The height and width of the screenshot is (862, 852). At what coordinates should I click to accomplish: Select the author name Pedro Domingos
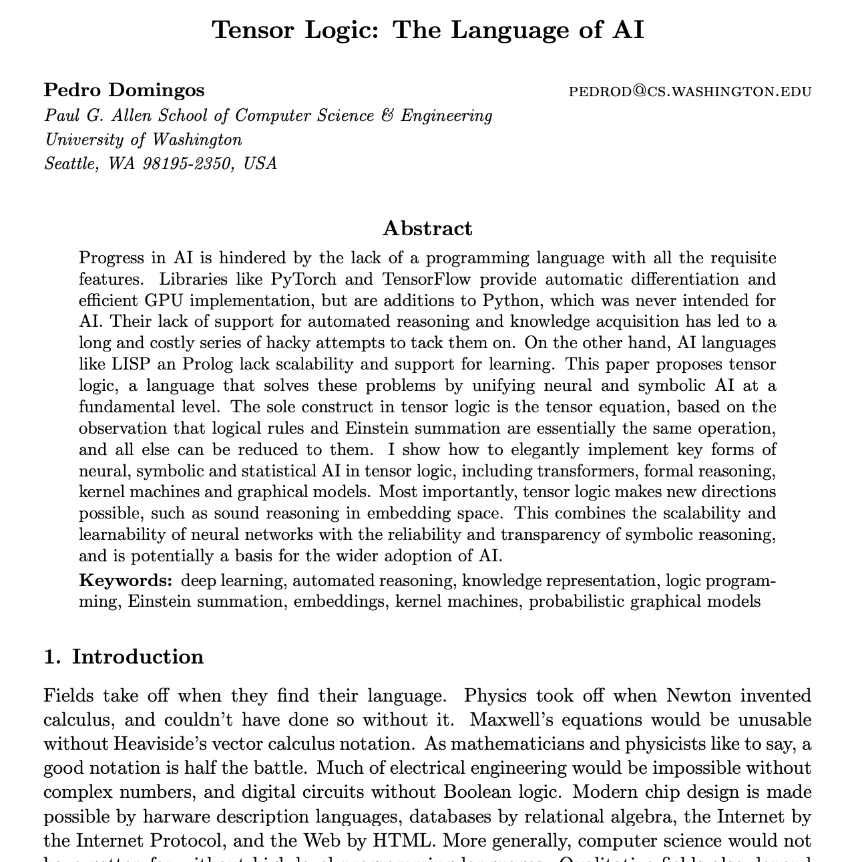point(124,90)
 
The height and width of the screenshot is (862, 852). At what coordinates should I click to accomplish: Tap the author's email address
point(690,92)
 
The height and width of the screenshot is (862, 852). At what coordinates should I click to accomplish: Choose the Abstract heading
point(427,229)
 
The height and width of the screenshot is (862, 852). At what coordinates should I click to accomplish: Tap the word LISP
point(129,364)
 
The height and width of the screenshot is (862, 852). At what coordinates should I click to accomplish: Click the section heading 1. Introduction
point(124,657)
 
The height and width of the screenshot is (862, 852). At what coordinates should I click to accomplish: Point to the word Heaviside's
point(158,744)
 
